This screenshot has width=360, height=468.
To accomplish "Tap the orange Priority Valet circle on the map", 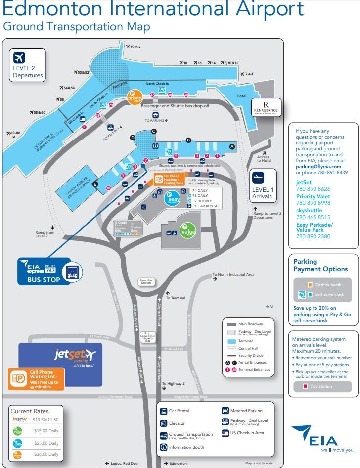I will [135, 97].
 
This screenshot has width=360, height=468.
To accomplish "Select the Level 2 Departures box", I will [28, 65].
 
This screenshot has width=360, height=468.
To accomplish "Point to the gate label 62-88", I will [13, 133].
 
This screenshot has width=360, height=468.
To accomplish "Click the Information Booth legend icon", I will [164, 447].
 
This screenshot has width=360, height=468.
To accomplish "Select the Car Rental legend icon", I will [164, 411].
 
